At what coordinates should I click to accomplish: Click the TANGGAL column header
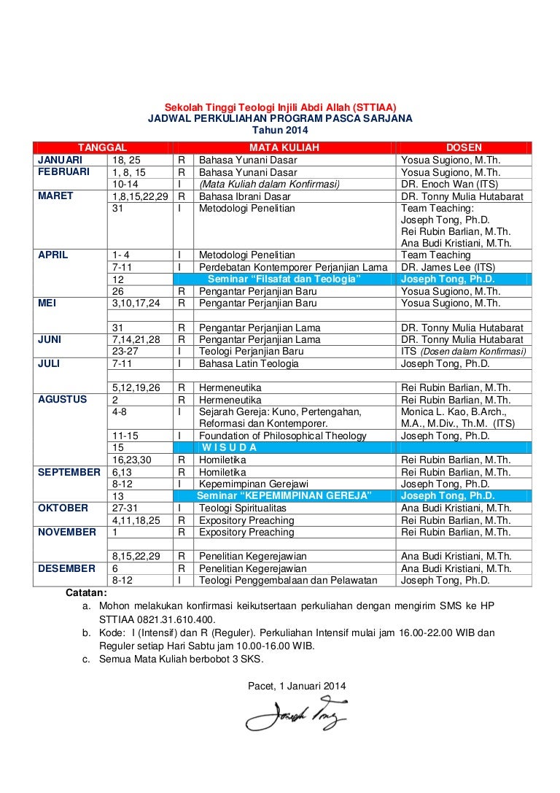(x=103, y=148)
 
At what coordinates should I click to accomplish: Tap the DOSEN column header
(x=464, y=148)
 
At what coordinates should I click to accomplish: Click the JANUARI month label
(x=61, y=160)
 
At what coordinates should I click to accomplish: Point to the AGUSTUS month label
(x=63, y=399)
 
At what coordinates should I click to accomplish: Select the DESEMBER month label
(x=66, y=568)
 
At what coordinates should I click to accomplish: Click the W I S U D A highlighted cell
(x=229, y=447)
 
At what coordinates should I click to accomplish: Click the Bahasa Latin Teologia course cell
(x=249, y=363)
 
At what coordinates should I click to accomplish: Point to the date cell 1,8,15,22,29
(x=140, y=196)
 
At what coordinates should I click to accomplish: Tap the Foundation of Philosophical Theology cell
(x=283, y=436)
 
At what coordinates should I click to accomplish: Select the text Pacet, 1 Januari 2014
(x=297, y=686)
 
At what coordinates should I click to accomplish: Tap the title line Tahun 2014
(x=279, y=129)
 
